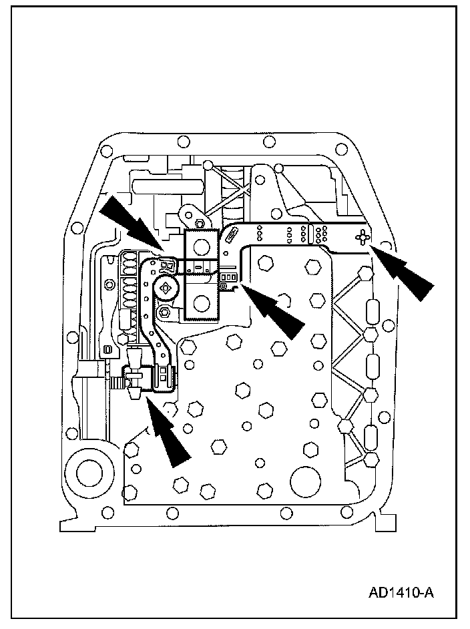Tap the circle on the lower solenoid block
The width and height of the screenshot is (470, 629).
tap(201, 304)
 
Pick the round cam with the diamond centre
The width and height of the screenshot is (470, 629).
tap(167, 288)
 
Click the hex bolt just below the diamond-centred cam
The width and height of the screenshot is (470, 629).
tap(164, 311)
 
